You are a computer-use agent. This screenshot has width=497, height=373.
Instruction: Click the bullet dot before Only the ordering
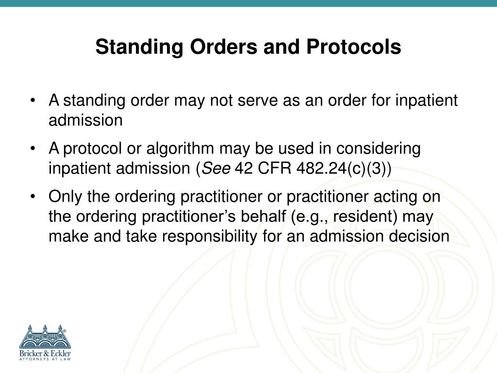(33, 197)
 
